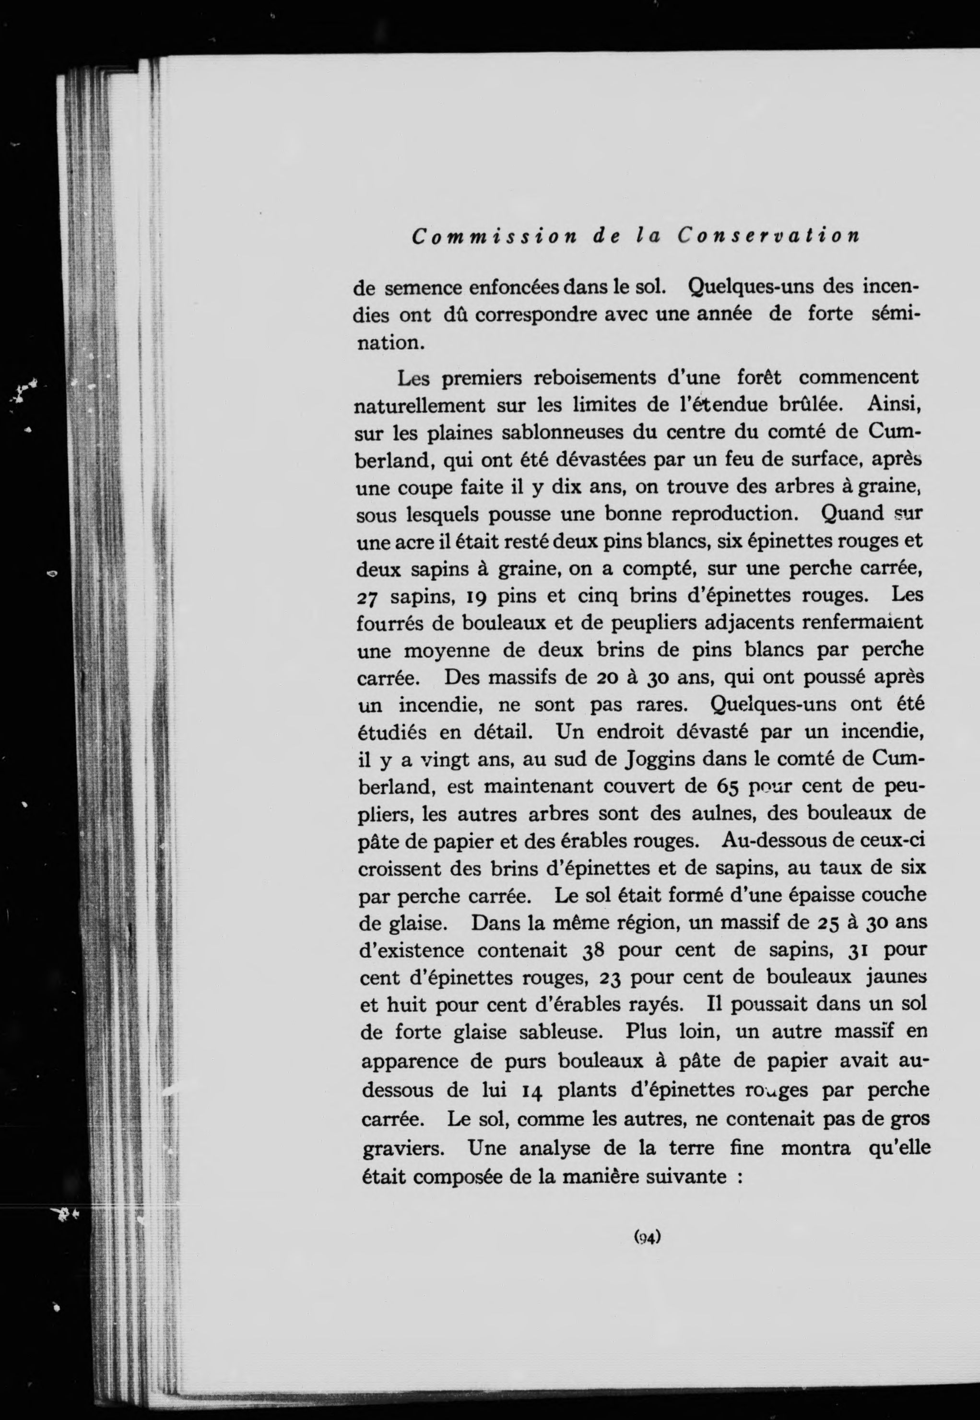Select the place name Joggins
point(660,760)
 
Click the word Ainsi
point(895,405)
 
